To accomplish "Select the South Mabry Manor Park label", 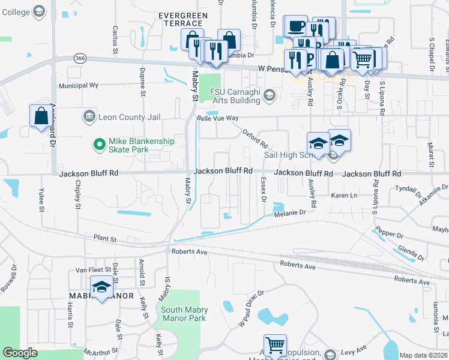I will click(x=183, y=314).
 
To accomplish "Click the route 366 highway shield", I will click(x=80, y=58).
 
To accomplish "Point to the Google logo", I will click(x=20, y=353).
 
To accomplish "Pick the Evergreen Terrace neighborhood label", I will click(x=183, y=19).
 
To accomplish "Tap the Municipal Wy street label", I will click(x=78, y=86).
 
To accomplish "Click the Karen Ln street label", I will click(x=345, y=196).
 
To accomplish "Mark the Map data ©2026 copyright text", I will click(x=423, y=355).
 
